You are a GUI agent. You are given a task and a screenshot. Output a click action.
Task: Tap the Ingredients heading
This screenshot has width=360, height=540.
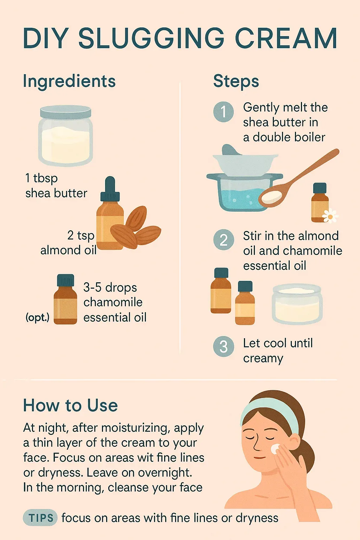click(x=69, y=82)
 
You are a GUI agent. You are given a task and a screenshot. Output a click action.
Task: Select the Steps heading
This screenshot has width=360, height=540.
click(x=236, y=81)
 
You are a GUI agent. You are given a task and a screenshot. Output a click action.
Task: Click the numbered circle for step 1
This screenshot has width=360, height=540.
click(x=224, y=111)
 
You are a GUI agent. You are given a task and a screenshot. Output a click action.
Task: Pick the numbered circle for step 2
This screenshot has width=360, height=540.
click(x=224, y=239)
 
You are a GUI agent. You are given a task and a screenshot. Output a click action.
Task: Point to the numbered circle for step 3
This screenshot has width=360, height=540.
click(x=224, y=346)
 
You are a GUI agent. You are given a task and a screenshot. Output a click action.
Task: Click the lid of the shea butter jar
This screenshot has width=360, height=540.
click(x=66, y=112)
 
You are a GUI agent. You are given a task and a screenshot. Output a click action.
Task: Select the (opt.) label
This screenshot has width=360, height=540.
click(x=37, y=318)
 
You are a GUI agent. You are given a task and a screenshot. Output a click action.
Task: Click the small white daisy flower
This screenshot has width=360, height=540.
click(x=330, y=216)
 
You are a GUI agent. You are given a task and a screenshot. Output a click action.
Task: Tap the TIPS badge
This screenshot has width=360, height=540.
click(x=40, y=517)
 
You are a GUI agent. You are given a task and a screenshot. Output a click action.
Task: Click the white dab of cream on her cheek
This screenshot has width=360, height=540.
click(x=275, y=449)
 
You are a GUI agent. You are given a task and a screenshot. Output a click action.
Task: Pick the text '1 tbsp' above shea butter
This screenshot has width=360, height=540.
click(x=41, y=179)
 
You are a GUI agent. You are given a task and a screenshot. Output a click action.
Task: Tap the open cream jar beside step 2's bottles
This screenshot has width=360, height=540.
click(x=297, y=304)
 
